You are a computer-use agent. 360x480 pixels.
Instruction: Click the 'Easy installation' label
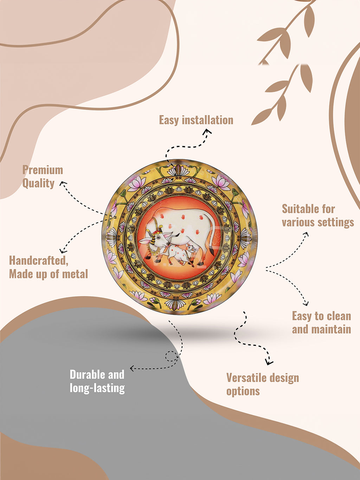tap(196, 120)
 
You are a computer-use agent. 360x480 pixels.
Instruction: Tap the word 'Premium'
tap(43, 170)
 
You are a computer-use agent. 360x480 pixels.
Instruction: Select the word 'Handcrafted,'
tap(39, 261)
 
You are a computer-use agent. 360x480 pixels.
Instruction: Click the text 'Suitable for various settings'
tap(318, 216)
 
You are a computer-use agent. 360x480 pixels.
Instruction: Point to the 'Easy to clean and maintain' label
tap(322, 322)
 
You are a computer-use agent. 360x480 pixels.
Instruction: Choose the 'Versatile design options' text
tap(263, 384)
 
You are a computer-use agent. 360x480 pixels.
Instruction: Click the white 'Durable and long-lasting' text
tap(97, 381)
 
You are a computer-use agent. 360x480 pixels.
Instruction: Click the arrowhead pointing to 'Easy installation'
tap(207, 132)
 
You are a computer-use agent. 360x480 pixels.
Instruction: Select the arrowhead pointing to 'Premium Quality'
tap(63, 184)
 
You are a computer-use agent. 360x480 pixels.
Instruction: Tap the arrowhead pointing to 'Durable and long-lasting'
tap(132, 369)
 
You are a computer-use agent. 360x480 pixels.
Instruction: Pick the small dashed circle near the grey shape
tap(171, 356)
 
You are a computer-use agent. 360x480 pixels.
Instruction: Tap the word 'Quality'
tap(38, 184)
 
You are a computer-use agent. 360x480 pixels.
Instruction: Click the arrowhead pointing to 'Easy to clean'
tap(306, 303)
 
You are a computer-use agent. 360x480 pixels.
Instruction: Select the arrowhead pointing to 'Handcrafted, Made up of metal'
tap(62, 251)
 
